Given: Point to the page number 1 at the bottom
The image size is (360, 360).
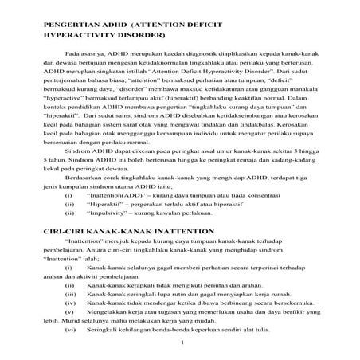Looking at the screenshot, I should coord(182,343).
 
